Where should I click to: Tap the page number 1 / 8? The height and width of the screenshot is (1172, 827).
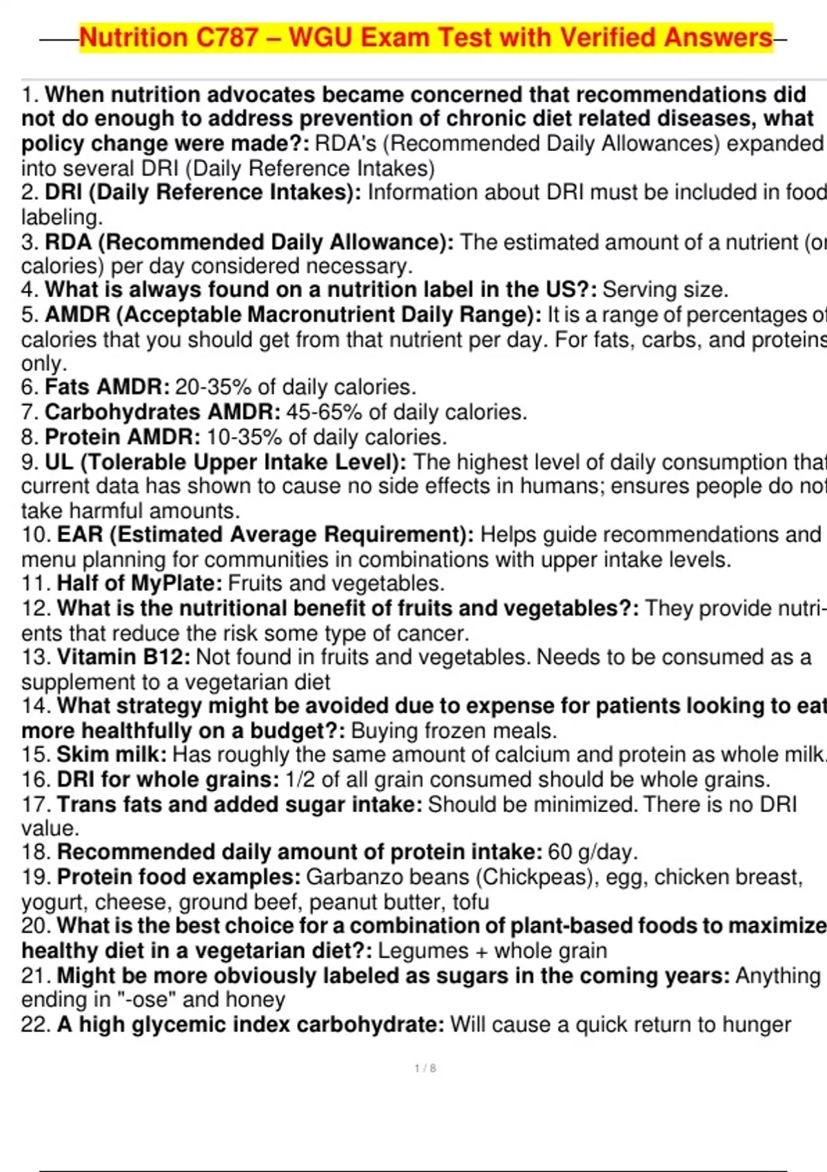pyautogui.click(x=425, y=1069)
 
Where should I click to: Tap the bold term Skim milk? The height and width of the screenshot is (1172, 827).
pyautogui.click(x=112, y=755)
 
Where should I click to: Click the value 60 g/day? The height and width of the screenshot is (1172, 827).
pyautogui.click(x=592, y=852)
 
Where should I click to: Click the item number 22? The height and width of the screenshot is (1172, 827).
pyautogui.click(x=34, y=1024)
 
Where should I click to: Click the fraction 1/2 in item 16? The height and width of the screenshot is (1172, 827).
pyautogui.click(x=300, y=780)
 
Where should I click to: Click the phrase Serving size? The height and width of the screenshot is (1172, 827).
pyautogui.click(x=664, y=290)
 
